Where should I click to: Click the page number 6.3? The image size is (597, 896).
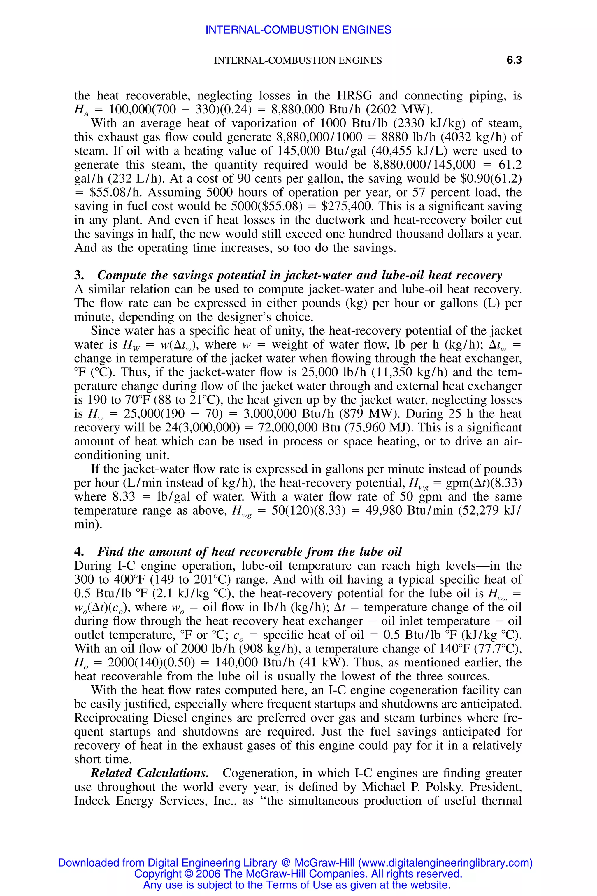514,60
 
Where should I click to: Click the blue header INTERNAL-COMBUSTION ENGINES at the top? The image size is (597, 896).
298,30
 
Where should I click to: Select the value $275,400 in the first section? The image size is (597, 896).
347,206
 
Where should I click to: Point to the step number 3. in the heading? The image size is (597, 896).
79,275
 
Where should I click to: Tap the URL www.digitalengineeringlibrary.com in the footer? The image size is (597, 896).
445,862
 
